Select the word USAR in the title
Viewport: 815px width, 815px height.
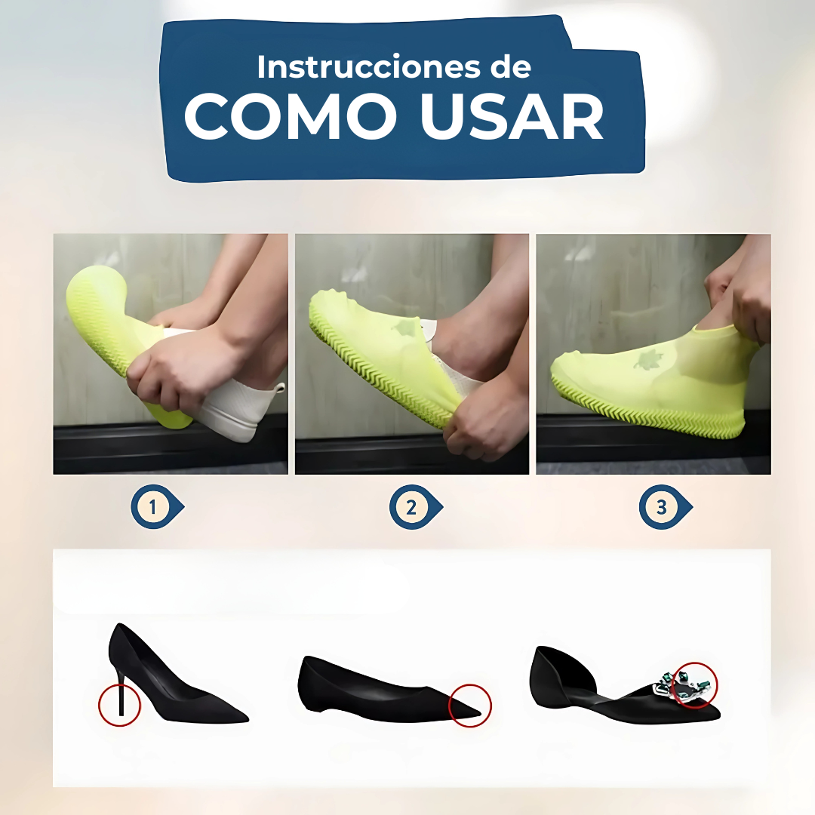click(x=512, y=117)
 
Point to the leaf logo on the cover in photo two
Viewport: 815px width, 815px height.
click(x=405, y=328)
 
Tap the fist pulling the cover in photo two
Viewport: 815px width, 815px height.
click(x=475, y=423)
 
